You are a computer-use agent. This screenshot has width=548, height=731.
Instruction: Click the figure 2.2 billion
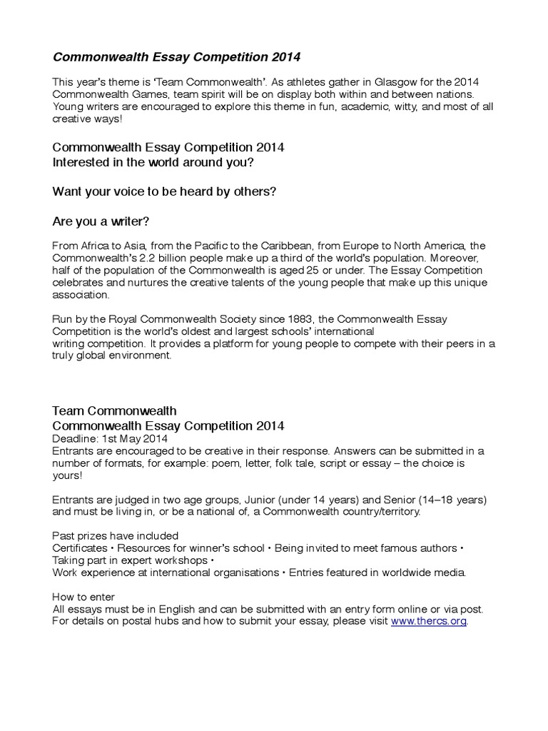(176, 258)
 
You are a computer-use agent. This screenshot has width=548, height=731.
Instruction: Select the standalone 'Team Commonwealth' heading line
(115, 410)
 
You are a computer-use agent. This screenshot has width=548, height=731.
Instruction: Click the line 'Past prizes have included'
(116, 535)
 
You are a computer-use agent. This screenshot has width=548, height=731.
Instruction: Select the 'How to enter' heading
(83, 597)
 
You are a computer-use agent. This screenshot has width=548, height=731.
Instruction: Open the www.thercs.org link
(428, 621)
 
